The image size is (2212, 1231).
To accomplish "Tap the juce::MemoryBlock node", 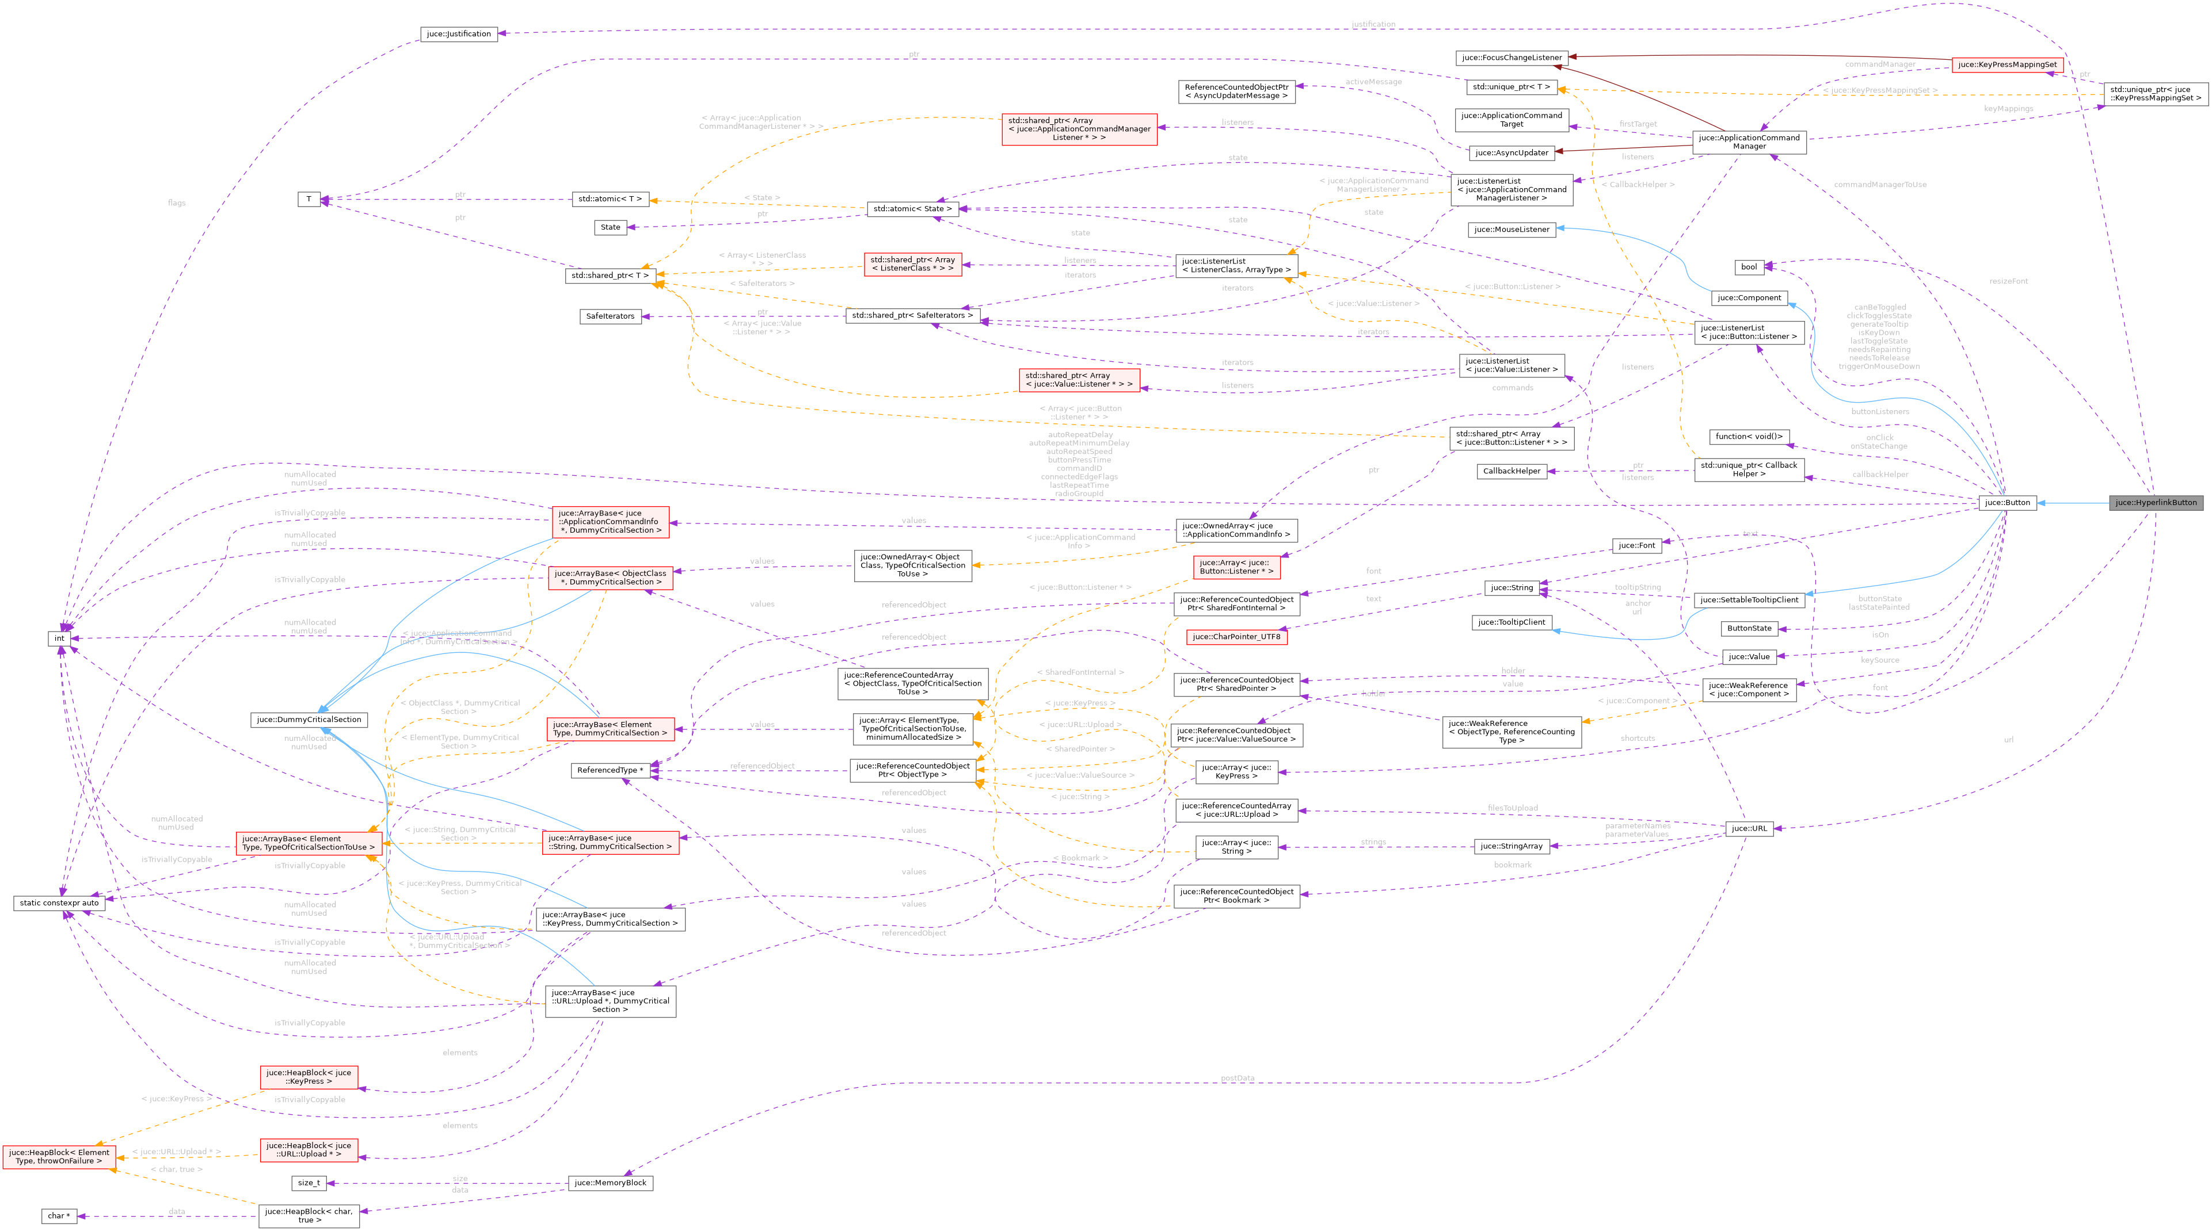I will click(610, 1183).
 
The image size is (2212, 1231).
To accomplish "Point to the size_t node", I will click(309, 1183).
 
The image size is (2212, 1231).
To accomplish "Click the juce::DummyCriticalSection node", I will click(309, 720).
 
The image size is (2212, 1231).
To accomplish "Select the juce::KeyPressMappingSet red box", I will click(2007, 65).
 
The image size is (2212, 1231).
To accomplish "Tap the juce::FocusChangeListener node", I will click(1512, 58).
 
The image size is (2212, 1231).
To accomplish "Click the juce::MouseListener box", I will click(1512, 229).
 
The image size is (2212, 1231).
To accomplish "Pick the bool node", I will click(1748, 267).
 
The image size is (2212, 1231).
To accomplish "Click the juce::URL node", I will click(1748, 828).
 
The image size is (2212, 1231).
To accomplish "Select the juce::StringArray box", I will click(1512, 846).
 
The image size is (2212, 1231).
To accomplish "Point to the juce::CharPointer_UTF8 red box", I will click(1236, 637).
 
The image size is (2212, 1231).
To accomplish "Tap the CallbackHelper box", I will click(1512, 471).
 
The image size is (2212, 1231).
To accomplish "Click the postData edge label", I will click(1236, 1078).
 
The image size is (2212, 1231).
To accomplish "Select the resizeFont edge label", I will click(2008, 281).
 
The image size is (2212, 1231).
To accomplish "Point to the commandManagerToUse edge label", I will click(1879, 185).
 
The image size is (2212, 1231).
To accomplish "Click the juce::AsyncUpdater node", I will click(1512, 153).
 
